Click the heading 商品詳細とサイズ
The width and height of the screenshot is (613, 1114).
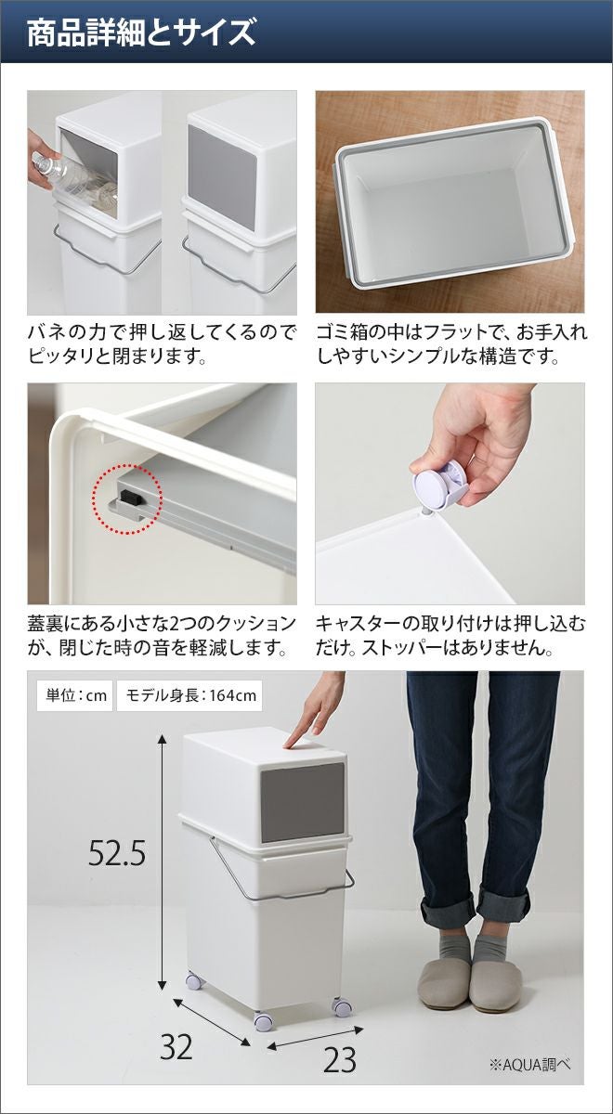pyautogui.click(x=141, y=32)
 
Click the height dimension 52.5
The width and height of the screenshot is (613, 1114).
pyautogui.click(x=117, y=853)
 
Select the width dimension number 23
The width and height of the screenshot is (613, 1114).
pyautogui.click(x=340, y=1059)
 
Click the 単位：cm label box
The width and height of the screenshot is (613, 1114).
pyautogui.click(x=75, y=695)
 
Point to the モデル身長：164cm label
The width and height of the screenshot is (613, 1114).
pyautogui.click(x=189, y=695)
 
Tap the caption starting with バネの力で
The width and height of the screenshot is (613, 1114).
pyautogui.click(x=163, y=343)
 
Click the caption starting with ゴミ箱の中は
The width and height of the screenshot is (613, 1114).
pyautogui.click(x=451, y=343)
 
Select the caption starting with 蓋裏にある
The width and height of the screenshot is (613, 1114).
pyautogui.click(x=163, y=635)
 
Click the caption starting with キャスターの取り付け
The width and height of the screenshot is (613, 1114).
pyautogui.click(x=450, y=635)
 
